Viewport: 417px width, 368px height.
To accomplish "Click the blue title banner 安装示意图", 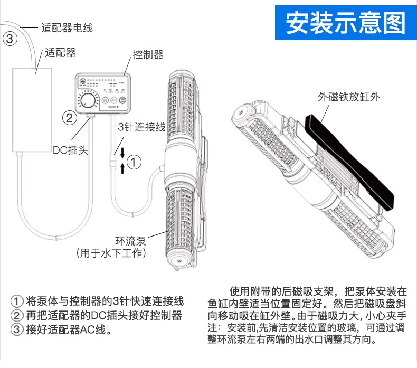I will pyautogui.click(x=345, y=23).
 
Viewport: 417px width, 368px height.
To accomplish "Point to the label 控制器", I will pyautogui.click(x=148, y=55).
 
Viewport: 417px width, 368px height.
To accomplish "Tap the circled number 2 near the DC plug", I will pyautogui.click(x=69, y=117).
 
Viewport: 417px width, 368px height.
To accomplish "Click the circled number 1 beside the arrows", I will pyautogui.click(x=136, y=162).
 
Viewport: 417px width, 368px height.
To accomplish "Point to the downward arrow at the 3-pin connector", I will pyautogui.click(x=122, y=153).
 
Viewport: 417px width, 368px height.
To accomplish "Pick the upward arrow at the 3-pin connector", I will pyautogui.click(x=122, y=168).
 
